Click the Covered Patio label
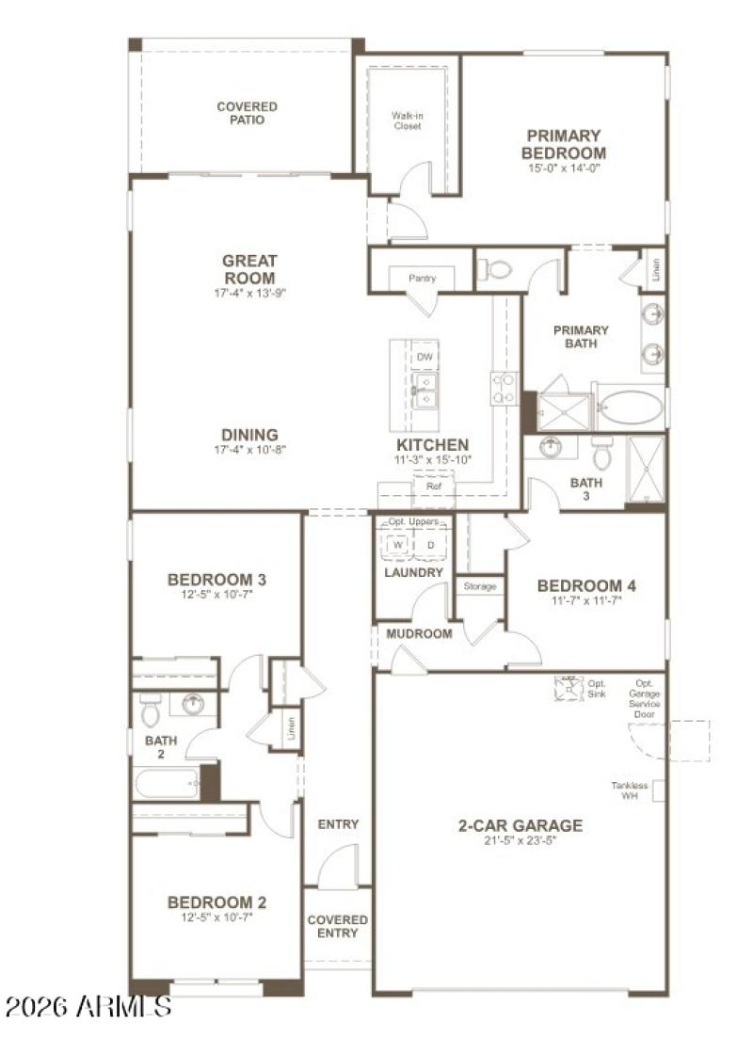click(x=247, y=113)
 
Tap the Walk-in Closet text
click(x=407, y=120)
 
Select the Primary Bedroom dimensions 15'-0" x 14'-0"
click(x=564, y=168)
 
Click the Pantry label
click(x=422, y=279)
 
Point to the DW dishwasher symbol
click(x=424, y=358)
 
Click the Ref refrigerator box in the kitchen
click(x=434, y=487)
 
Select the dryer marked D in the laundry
click(x=430, y=545)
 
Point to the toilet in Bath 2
click(x=151, y=711)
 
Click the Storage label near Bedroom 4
click(x=479, y=586)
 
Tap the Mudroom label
click(x=419, y=633)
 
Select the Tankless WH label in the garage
click(x=630, y=790)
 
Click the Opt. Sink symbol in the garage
click(x=569, y=688)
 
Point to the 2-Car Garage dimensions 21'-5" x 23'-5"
click(x=520, y=841)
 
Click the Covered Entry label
click(x=337, y=926)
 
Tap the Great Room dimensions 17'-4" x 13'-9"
click(x=248, y=293)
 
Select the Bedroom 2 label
click(x=209, y=901)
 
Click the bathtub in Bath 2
click(x=166, y=783)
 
